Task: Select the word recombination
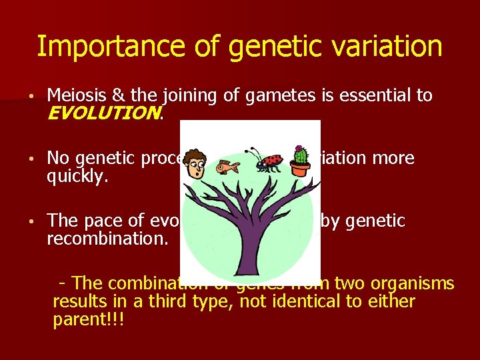coord(107,237)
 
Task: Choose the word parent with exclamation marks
coord(87,319)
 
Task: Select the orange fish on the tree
coord(233,165)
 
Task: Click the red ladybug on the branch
coord(270,160)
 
